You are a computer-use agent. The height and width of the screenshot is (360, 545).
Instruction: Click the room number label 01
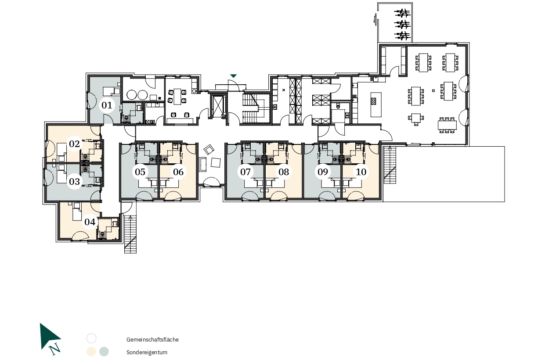click(x=107, y=105)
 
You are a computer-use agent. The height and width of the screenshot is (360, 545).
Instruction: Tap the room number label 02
click(x=75, y=144)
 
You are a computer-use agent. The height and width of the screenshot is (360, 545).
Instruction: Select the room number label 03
click(x=75, y=181)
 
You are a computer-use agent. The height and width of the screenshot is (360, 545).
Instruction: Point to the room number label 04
click(x=90, y=222)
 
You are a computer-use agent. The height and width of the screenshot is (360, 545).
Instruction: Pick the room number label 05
click(x=140, y=172)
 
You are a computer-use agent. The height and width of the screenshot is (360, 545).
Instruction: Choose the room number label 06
click(x=178, y=172)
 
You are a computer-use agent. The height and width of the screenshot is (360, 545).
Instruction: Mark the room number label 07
click(x=245, y=172)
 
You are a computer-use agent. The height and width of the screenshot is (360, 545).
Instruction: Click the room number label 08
click(x=284, y=172)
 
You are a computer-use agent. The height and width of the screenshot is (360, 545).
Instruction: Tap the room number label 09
click(x=323, y=172)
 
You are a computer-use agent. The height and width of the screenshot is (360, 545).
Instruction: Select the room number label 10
click(x=361, y=172)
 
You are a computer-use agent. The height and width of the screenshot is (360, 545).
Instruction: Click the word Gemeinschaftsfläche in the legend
click(x=152, y=339)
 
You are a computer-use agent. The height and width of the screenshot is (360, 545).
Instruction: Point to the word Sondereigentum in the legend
click(x=147, y=352)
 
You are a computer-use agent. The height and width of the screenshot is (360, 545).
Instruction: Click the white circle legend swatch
click(x=91, y=338)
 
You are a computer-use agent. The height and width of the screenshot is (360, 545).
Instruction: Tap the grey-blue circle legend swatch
click(x=104, y=352)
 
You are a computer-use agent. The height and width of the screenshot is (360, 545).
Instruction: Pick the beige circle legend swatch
click(x=91, y=352)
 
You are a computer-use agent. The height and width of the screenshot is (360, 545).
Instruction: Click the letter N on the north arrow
click(x=55, y=349)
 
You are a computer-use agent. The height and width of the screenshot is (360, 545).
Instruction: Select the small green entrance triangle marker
click(x=233, y=76)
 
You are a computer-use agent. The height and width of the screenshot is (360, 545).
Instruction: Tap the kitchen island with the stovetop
click(x=376, y=104)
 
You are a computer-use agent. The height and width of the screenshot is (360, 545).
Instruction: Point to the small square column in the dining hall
click(x=433, y=91)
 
